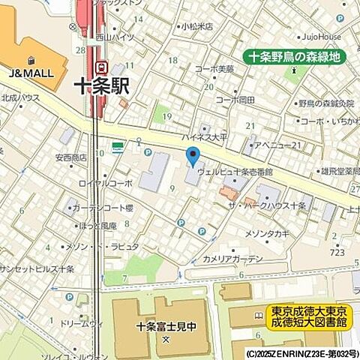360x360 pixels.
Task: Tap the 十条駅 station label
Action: (102, 87)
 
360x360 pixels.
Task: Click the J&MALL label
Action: (29, 73)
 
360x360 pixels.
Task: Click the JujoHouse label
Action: (323, 36)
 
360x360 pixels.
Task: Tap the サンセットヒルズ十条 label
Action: (36, 268)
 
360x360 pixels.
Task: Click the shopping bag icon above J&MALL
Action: (30, 60)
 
